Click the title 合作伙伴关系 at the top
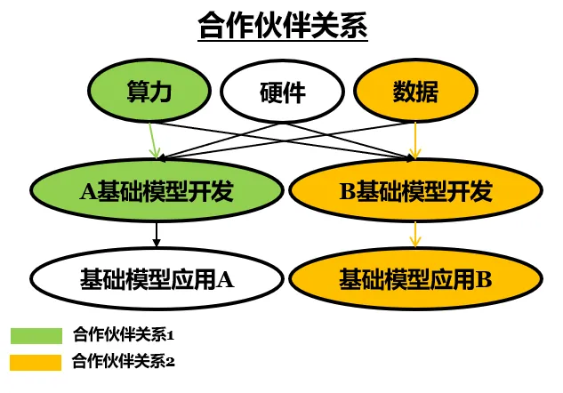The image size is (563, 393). tap(282, 27)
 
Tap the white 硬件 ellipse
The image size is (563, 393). tap(282, 92)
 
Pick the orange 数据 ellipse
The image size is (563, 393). tap(415, 92)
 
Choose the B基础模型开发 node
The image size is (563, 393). tap(416, 191)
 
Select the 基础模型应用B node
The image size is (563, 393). tap(416, 279)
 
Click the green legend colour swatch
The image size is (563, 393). tap(36, 336)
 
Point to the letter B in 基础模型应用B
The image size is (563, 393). tap(483, 279)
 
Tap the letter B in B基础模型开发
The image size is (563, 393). tap(348, 191)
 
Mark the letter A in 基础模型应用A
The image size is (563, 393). tap(224, 279)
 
